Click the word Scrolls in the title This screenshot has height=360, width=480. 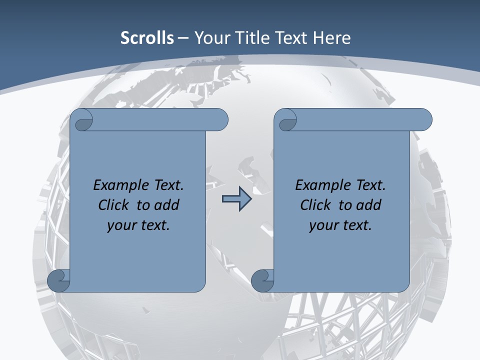(x=147, y=38)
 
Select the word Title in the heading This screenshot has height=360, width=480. (x=254, y=38)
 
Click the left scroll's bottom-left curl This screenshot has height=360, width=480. (x=59, y=280)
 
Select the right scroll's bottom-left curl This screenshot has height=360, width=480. (x=262, y=280)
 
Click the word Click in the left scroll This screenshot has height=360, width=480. (x=115, y=205)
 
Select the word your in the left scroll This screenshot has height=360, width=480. (x=120, y=225)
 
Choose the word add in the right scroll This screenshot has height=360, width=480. (x=370, y=205)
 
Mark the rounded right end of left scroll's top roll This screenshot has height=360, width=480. (x=220, y=120)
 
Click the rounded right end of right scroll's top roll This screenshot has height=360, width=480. (x=424, y=120)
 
